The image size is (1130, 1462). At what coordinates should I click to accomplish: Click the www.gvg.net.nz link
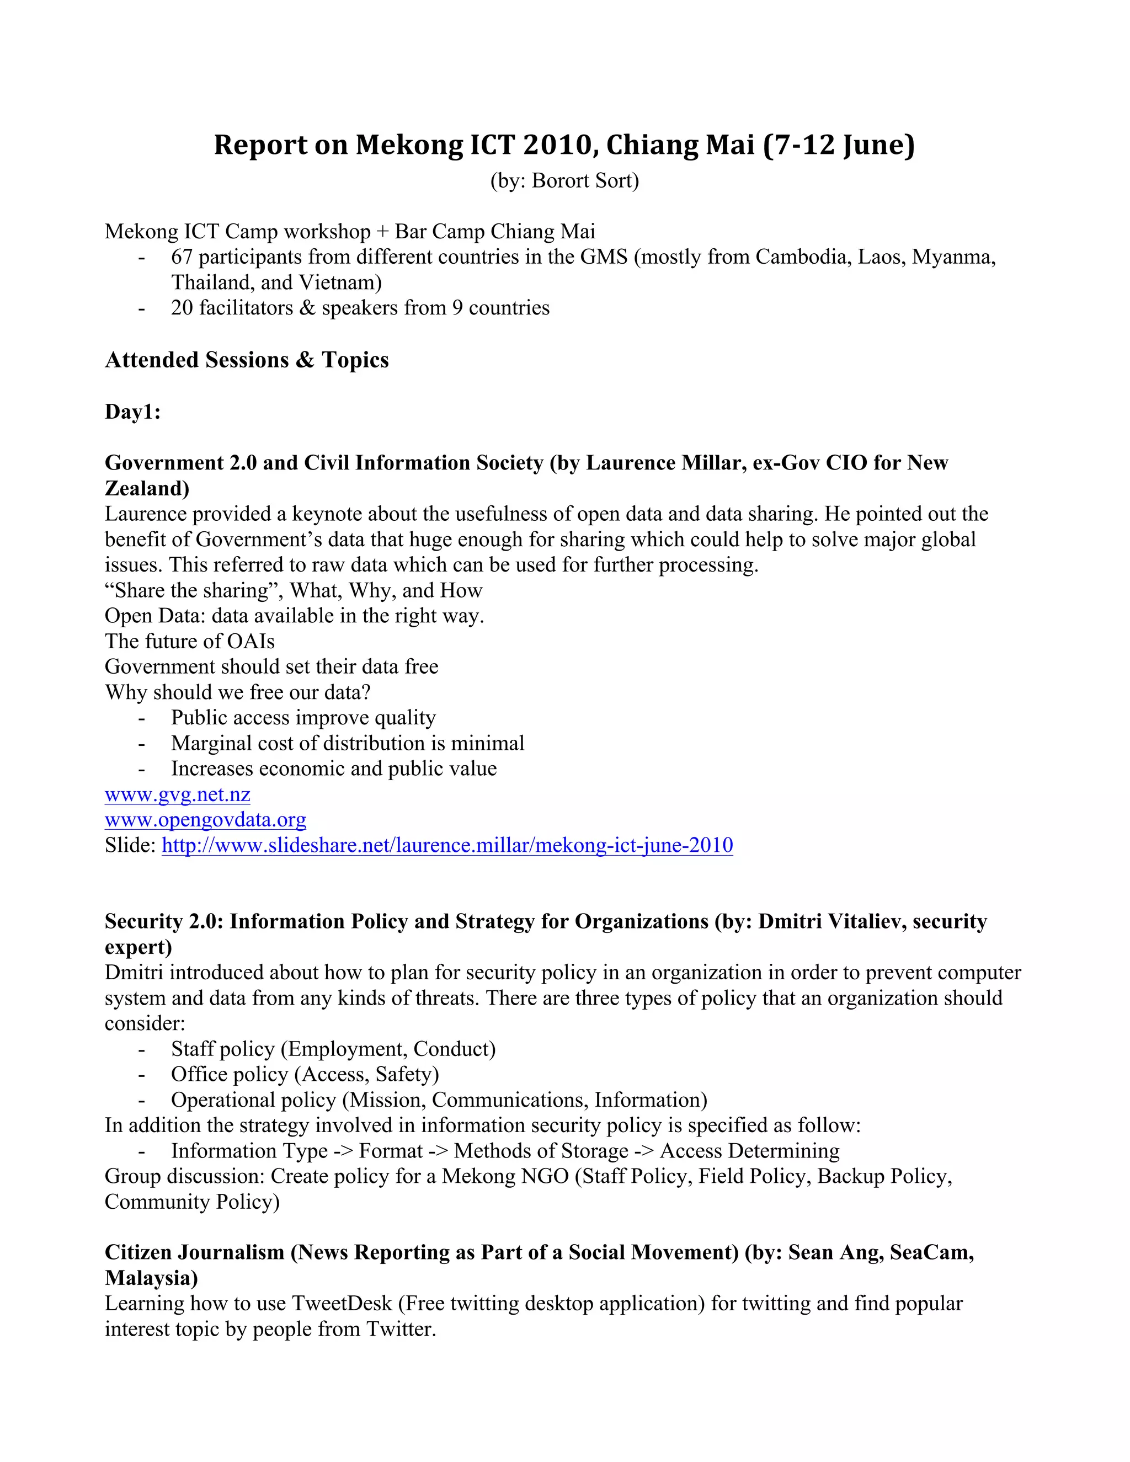click(x=178, y=794)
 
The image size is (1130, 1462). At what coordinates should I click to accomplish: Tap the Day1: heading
click(x=132, y=412)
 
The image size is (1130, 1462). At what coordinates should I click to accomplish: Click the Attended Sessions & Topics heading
click(x=246, y=360)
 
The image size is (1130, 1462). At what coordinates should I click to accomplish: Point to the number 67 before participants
click(x=182, y=257)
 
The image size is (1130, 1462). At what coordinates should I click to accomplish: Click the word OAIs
click(x=250, y=641)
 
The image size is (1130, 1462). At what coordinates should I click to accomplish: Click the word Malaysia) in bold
click(x=151, y=1278)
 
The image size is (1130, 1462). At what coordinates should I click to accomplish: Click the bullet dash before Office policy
click(x=141, y=1074)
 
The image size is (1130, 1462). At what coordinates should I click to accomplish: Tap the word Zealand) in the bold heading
click(x=147, y=488)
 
